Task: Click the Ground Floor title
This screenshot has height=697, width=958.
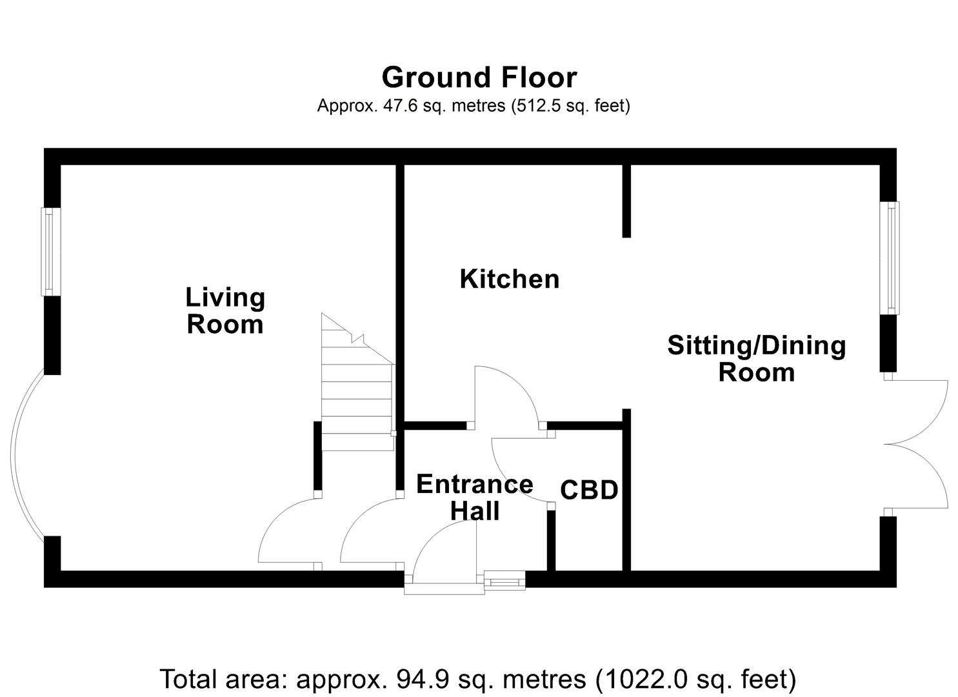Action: pos(479,77)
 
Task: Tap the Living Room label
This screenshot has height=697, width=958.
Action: pos(225,310)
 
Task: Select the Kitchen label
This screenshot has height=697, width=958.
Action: pos(509,279)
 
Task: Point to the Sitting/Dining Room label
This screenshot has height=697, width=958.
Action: pos(756,359)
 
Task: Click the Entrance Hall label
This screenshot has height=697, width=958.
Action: pos(475,497)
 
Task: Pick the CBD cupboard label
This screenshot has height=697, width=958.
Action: pos(589,490)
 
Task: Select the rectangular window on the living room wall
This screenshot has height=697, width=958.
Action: pos(50,252)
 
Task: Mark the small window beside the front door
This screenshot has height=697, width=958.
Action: pos(504,581)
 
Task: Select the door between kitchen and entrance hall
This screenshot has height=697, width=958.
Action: pos(506,394)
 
